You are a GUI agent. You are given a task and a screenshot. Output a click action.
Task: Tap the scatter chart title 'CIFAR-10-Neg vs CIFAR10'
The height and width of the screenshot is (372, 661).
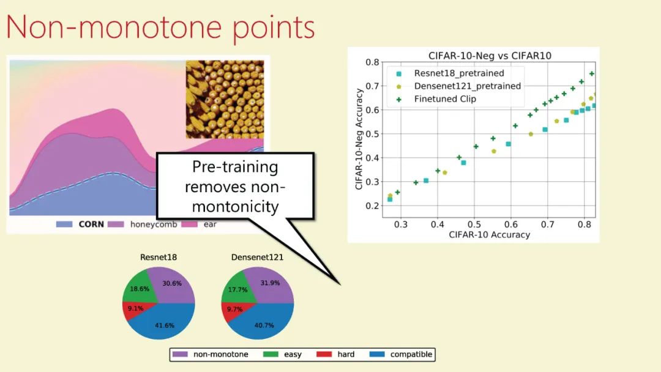[x=490, y=56]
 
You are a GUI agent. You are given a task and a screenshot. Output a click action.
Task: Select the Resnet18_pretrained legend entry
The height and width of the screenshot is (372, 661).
[x=450, y=73]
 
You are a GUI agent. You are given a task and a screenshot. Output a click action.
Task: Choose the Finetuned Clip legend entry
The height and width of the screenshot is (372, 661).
[x=436, y=99]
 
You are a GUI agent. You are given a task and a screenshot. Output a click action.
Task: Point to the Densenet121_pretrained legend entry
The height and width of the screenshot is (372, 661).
[x=458, y=86]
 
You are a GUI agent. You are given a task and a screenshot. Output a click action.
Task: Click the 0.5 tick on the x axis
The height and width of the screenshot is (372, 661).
[x=474, y=225]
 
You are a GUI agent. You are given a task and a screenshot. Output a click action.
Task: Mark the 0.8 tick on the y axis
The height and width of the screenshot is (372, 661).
[x=372, y=62]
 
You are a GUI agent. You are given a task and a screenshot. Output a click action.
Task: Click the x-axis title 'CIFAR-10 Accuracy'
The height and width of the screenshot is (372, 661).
[x=489, y=235]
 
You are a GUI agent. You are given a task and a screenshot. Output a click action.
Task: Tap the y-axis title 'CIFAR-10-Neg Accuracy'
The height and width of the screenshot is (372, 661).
[x=359, y=139]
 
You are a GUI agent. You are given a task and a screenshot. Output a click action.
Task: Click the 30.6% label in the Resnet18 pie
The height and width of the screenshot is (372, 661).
[x=172, y=283]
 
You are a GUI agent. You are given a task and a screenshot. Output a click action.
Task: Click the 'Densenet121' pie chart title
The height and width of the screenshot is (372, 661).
[x=257, y=258]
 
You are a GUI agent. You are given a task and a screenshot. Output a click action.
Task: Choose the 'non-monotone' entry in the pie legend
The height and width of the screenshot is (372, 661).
[x=211, y=354]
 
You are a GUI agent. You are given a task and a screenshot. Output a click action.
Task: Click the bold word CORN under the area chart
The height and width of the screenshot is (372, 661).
[x=91, y=224]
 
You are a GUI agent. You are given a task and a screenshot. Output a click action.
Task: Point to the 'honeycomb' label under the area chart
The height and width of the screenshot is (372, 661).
[x=154, y=224]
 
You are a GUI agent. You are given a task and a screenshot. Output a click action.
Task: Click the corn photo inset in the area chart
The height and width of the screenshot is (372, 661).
[x=225, y=100]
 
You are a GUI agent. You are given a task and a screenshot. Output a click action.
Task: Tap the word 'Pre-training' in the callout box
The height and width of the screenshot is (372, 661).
[x=235, y=167]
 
